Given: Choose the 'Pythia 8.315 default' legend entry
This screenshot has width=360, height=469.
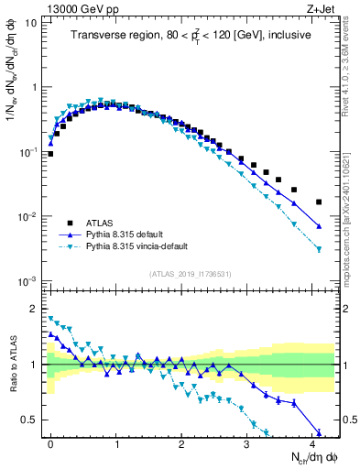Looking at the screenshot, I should click(x=128, y=234).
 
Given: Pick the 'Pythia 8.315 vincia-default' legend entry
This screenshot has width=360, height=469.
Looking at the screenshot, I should click(x=141, y=247).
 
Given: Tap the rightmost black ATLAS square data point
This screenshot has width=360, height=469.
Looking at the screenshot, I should click(x=319, y=202).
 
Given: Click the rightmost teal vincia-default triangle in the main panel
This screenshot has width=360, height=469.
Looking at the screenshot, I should click(x=319, y=249).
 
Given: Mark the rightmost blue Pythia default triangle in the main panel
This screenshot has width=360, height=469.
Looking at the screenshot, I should click(x=319, y=226).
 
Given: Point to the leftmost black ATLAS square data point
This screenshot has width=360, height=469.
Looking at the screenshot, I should click(x=50, y=154).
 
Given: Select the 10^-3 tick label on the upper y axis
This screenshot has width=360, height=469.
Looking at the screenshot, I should click(x=27, y=281).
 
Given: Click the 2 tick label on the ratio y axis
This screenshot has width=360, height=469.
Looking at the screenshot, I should click(x=34, y=308).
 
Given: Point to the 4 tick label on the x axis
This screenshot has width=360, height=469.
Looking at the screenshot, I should click(x=311, y=442).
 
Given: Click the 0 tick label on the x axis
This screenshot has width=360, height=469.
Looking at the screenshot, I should click(x=50, y=442).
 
